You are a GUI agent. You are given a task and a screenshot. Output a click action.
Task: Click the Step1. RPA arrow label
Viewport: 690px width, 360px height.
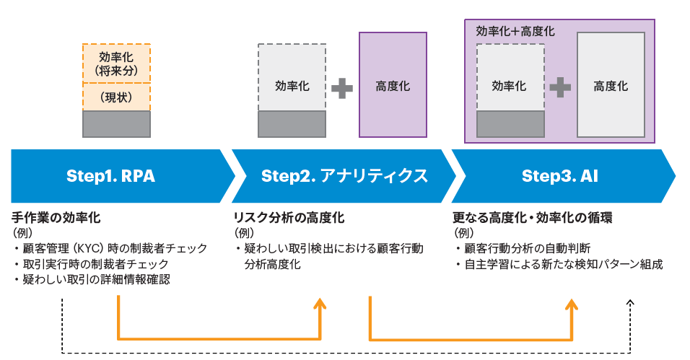[x=110, y=176]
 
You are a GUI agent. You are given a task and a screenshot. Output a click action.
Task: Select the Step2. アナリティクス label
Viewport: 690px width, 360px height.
[x=344, y=176]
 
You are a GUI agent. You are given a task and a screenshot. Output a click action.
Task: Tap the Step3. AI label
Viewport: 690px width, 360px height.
[x=560, y=176]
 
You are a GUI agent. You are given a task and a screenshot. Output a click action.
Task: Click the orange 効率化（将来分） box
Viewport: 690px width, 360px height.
[x=116, y=63]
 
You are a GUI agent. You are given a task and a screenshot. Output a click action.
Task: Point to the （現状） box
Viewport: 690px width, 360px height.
[x=116, y=97]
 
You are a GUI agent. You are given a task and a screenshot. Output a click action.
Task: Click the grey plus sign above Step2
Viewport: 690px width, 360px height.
[x=342, y=88]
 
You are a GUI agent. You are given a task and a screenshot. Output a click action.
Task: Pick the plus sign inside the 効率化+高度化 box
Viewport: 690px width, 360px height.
[x=560, y=87]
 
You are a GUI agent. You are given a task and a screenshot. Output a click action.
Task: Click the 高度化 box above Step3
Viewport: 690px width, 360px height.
[x=611, y=85]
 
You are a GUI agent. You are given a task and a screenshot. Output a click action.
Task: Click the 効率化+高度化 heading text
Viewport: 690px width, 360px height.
[x=515, y=32]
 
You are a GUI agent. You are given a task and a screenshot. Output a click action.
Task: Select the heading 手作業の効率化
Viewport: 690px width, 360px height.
[x=56, y=217]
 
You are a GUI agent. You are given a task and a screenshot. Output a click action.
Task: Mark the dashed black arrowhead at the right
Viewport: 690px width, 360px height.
[x=631, y=303]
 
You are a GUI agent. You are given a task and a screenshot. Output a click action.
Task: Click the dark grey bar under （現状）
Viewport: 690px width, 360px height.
[x=116, y=124]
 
